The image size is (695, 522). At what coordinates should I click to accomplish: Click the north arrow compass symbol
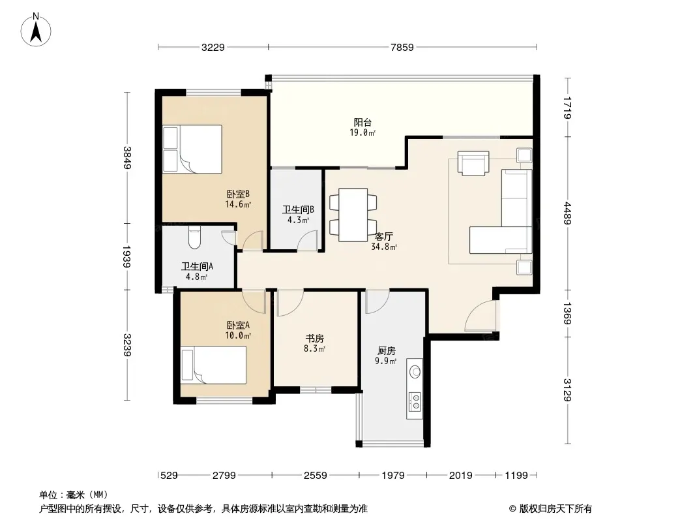click(36, 29)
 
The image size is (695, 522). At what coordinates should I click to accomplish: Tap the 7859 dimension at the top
click(402, 47)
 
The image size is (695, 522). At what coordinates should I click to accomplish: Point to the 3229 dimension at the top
click(213, 47)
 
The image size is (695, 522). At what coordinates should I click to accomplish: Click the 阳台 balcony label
click(362, 123)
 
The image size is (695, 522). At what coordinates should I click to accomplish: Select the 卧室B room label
click(239, 194)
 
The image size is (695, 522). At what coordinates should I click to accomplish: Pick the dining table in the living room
click(353, 215)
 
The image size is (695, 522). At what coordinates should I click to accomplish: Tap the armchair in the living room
click(473, 163)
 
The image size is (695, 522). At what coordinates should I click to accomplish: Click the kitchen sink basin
click(415, 371)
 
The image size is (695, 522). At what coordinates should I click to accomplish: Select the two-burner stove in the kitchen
click(415, 401)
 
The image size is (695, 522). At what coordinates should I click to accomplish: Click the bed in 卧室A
click(213, 365)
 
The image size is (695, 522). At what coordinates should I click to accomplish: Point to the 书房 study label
click(314, 339)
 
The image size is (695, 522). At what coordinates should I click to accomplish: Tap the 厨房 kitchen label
click(387, 351)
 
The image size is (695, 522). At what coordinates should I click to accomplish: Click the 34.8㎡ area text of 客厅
click(384, 247)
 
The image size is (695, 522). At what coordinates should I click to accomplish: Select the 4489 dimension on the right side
click(568, 213)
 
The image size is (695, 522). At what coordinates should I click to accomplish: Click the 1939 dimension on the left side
click(127, 257)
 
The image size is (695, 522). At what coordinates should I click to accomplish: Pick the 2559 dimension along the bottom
click(315, 476)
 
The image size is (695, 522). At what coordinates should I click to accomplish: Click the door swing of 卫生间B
click(306, 241)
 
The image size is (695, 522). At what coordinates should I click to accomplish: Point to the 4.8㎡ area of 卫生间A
click(197, 277)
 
